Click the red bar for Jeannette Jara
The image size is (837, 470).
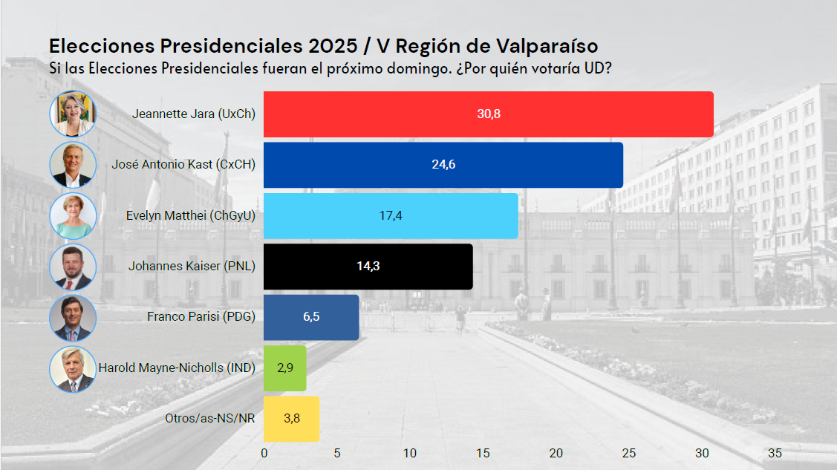[488, 114]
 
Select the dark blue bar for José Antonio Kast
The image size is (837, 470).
[443, 165]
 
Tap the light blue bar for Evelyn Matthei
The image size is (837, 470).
[390, 215]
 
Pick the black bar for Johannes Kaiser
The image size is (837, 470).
[368, 267]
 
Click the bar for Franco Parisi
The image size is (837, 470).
[311, 317]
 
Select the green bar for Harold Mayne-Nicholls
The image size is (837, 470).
[284, 368]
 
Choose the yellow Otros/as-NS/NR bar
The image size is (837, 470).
[291, 419]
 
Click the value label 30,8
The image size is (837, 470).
[489, 114]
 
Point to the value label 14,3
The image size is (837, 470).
[368, 267]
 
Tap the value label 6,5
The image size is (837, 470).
[312, 317]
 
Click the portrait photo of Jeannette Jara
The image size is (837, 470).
[73, 114]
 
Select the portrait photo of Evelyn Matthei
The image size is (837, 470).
[73, 216]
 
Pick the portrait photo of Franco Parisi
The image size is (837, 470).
[73, 318]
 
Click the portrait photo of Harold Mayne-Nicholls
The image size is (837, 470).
[73, 369]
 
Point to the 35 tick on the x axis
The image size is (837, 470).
[775, 453]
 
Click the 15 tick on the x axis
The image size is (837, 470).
[483, 453]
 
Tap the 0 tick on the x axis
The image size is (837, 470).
[264, 453]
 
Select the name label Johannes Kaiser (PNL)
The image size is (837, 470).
[192, 266]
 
